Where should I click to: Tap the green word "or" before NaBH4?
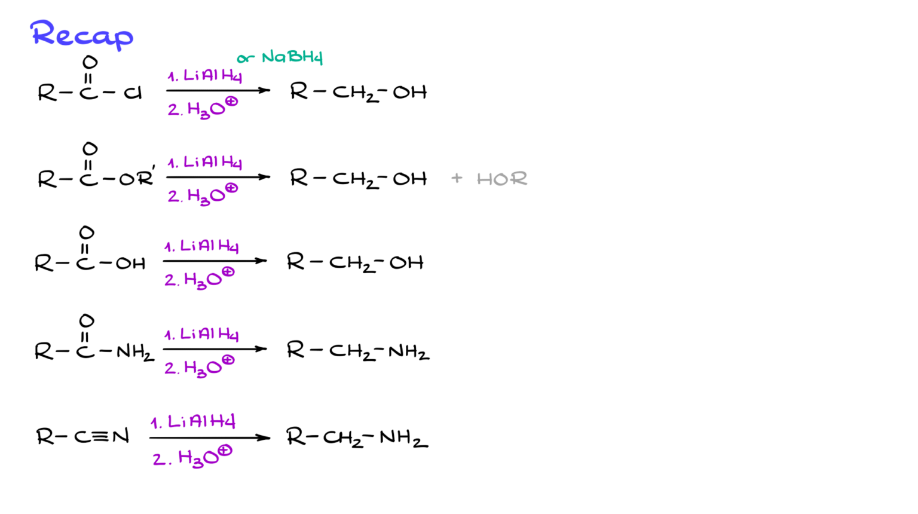(246, 58)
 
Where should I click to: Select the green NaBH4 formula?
(292, 57)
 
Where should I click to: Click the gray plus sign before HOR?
(457, 178)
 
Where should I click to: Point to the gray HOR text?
(502, 179)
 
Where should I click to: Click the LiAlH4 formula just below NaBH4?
(212, 76)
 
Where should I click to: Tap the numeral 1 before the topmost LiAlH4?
(172, 77)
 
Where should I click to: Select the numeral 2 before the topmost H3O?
(173, 110)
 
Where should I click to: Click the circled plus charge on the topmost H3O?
(231, 102)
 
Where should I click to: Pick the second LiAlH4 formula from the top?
(212, 163)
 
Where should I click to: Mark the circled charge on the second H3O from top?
(231, 188)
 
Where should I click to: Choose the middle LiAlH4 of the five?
(209, 246)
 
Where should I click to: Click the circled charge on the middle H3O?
(228, 273)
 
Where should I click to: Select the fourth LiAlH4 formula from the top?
(209, 334)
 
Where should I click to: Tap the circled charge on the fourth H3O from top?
(228, 360)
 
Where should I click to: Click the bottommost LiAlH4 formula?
(201, 422)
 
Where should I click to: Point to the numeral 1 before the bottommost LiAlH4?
(155, 424)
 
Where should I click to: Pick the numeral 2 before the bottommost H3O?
(159, 460)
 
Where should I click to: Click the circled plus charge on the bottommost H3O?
(225, 451)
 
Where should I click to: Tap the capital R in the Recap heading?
(42, 32)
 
